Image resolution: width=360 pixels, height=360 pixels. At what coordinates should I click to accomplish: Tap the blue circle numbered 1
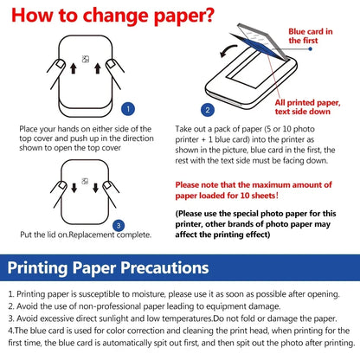pyautogui.click(x=128, y=110)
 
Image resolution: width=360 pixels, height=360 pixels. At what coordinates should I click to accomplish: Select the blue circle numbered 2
pyautogui.click(x=207, y=110)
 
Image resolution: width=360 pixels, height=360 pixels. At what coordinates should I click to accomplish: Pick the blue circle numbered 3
pyautogui.click(x=119, y=225)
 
